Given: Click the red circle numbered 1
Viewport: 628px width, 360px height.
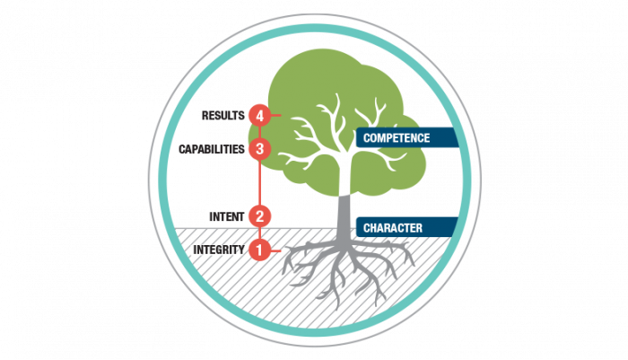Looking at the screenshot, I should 259,250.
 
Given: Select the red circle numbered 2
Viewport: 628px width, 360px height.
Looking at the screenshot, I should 259,216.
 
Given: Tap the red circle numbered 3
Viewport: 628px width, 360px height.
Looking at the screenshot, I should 259,148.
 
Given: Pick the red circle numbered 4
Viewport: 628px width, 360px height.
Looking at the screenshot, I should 259,115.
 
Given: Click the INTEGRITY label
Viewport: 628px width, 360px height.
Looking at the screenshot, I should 218,250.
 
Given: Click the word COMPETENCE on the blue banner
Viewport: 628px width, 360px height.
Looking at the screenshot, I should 397,138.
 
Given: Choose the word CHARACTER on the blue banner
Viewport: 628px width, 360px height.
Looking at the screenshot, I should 392,228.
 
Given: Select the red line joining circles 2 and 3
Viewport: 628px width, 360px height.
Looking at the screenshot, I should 259,182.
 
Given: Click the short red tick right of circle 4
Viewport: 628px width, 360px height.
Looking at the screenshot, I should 276,115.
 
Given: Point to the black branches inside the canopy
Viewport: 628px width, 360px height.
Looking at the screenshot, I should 336,135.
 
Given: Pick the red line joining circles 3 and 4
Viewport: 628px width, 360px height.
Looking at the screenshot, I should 259,132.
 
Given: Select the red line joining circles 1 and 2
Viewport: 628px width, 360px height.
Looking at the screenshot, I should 259,233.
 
